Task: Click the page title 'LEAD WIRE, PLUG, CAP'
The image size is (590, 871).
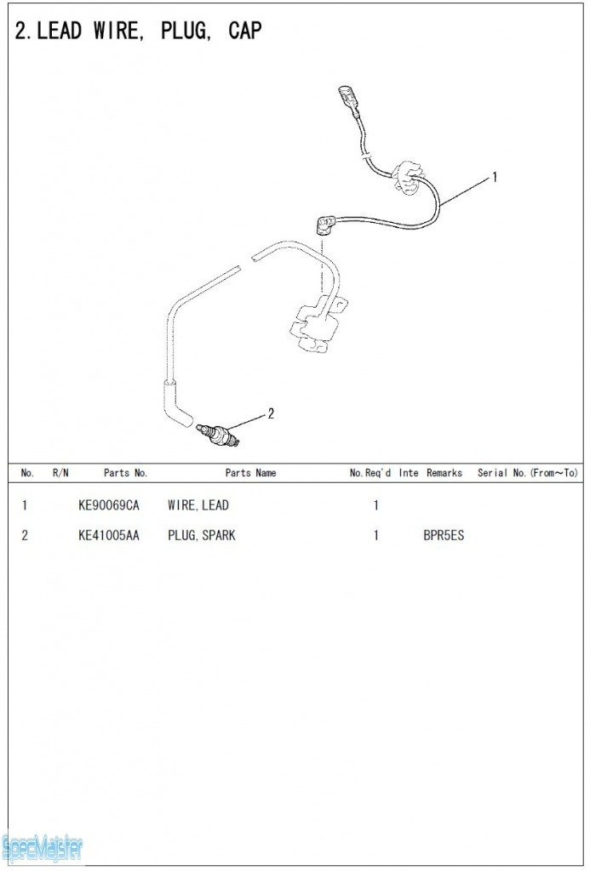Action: click(148, 31)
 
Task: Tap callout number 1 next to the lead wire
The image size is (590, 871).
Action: click(495, 177)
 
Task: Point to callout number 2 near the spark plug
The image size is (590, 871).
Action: click(271, 413)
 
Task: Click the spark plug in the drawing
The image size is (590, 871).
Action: click(218, 434)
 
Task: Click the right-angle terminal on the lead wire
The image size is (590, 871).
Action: click(324, 225)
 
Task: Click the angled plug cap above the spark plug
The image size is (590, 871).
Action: click(176, 401)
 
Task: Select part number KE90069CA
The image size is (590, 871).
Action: click(108, 505)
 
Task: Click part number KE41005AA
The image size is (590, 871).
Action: click(108, 536)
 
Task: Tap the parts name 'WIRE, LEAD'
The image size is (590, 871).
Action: click(198, 505)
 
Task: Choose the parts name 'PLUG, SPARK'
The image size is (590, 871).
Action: click(201, 536)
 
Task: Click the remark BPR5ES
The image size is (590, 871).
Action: click(444, 536)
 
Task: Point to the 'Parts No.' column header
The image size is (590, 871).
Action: click(126, 473)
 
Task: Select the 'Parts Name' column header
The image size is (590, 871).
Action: click(250, 473)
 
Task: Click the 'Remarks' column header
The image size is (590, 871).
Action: click(444, 473)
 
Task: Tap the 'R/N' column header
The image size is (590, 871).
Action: click(60, 473)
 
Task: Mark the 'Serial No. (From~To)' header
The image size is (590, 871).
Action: click(527, 473)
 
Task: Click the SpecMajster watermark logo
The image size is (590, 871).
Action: click(42, 848)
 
